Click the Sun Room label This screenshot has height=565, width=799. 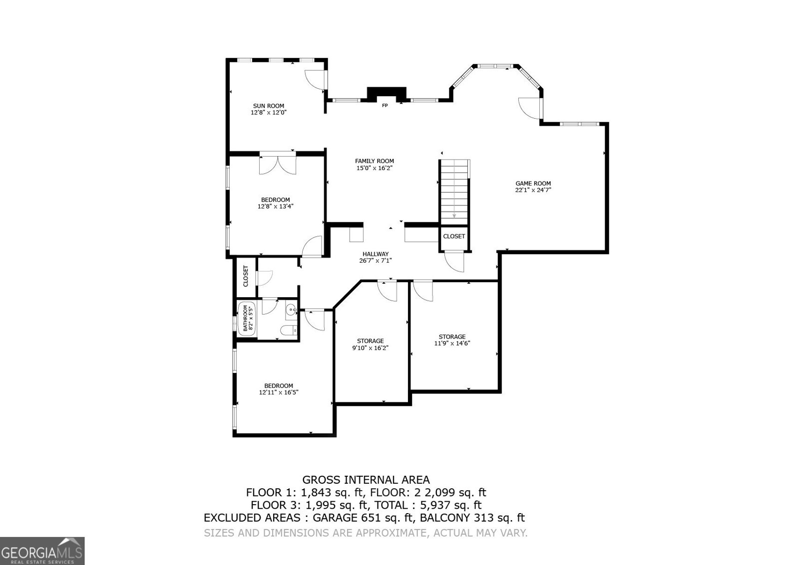[269, 106]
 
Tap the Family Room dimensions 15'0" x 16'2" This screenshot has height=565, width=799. [375, 168]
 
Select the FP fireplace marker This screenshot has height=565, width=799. [385, 105]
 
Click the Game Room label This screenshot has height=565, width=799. [533, 184]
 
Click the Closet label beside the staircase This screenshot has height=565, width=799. [454, 236]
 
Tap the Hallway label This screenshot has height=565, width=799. [376, 254]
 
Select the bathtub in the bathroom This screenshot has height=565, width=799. [246, 319]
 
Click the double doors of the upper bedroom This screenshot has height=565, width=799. [278, 165]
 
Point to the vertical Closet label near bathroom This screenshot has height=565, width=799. [246, 276]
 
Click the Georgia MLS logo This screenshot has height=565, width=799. [42, 551]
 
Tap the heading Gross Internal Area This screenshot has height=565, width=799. [366, 480]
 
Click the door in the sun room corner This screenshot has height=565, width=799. [316, 78]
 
